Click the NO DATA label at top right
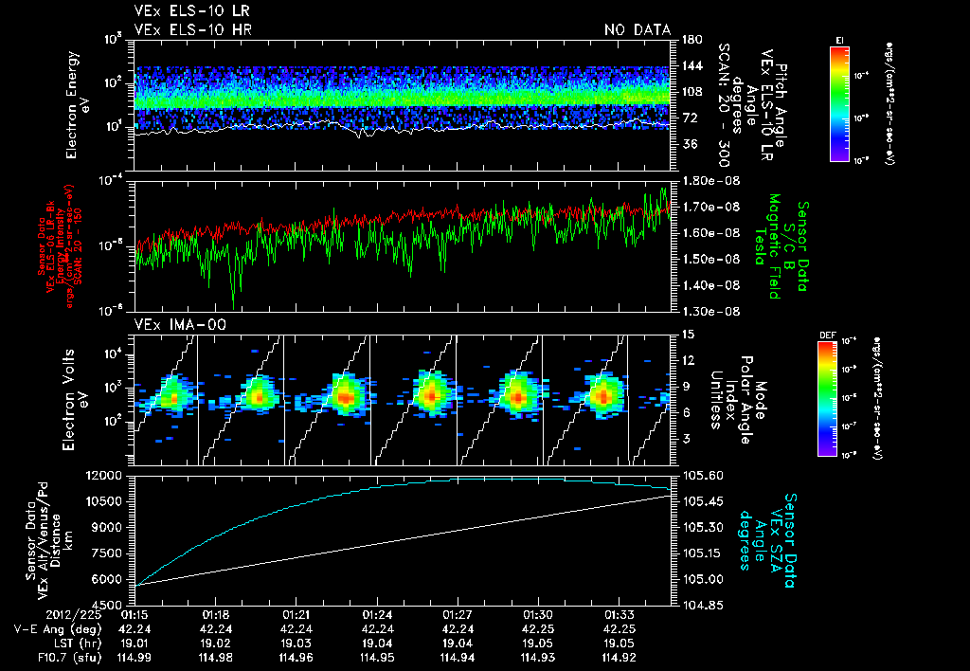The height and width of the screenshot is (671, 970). click(x=638, y=30)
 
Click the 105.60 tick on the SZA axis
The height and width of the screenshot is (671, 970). click(x=702, y=475)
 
